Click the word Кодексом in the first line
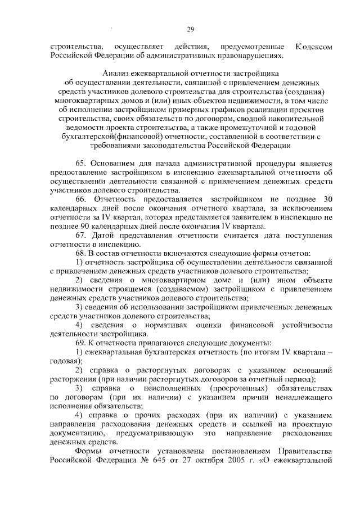click(x=317, y=46)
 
